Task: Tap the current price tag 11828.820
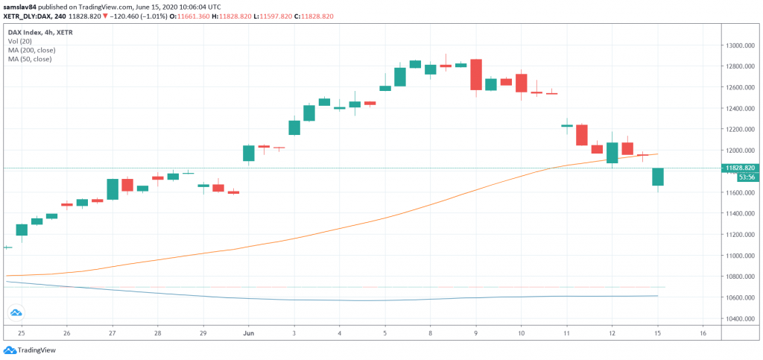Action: pyautogui.click(x=742, y=168)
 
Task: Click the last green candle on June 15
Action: pyautogui.click(x=658, y=177)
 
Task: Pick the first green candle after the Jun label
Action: pyautogui.click(x=249, y=153)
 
